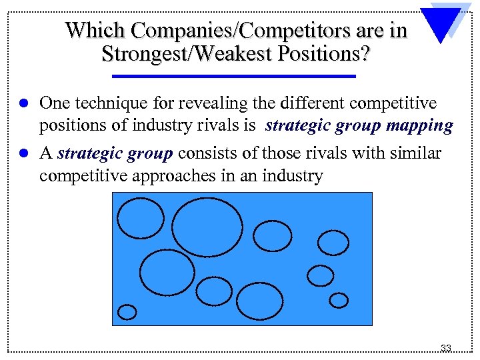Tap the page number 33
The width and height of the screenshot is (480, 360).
tap(446, 348)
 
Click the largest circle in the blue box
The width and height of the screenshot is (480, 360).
tap(207, 227)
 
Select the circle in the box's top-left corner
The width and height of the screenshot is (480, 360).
tap(140, 218)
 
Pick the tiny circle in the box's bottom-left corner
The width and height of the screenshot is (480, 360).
tap(127, 312)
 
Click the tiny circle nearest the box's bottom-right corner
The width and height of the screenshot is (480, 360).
tap(339, 301)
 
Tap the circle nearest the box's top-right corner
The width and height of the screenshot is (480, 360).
tap(333, 242)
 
